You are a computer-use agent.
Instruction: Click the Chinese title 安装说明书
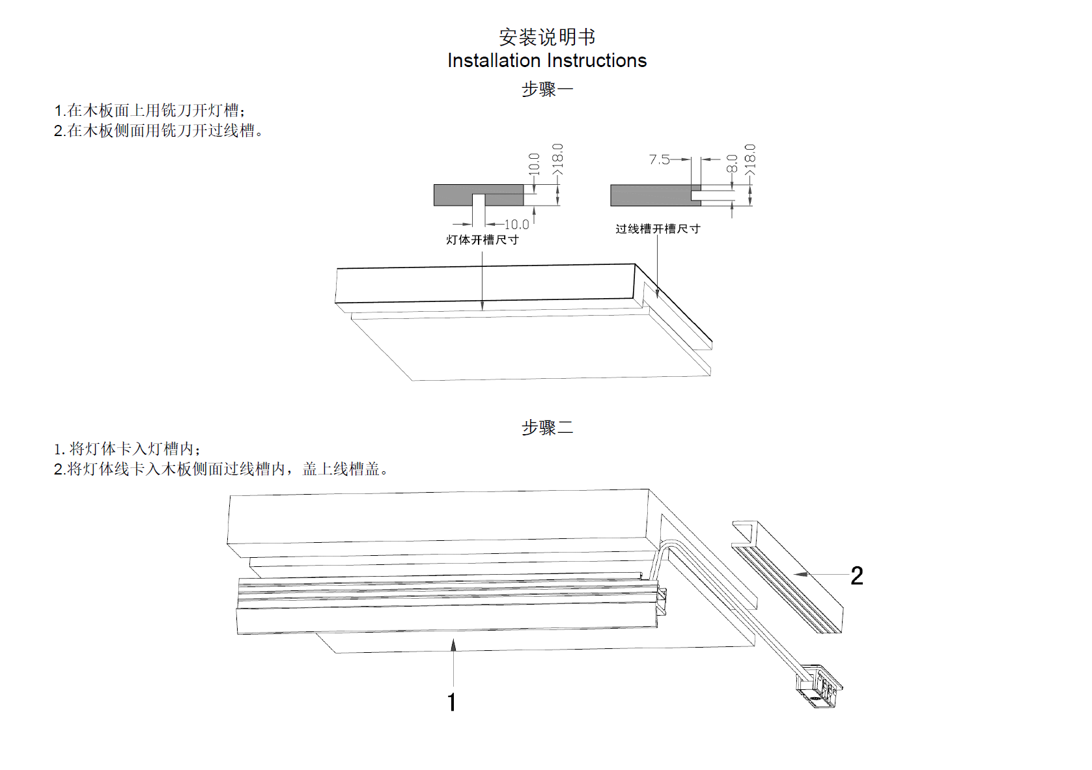point(547,37)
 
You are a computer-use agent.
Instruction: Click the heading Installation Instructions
point(547,61)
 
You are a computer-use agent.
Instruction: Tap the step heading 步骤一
point(547,89)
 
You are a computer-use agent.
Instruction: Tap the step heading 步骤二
point(547,428)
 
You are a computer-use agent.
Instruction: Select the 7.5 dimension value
point(659,159)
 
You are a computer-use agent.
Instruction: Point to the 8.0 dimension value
point(732,163)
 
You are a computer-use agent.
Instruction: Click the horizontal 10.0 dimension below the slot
point(516,225)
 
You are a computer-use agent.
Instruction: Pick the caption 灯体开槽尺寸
point(483,240)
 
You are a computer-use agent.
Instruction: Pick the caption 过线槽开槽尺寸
point(658,228)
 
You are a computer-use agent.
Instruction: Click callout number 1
point(452,702)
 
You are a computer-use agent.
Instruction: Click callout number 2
point(857,576)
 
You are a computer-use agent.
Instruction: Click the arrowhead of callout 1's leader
point(453,644)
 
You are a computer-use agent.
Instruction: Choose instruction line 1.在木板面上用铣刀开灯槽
point(150,110)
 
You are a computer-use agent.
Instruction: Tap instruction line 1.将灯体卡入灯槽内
point(128,448)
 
